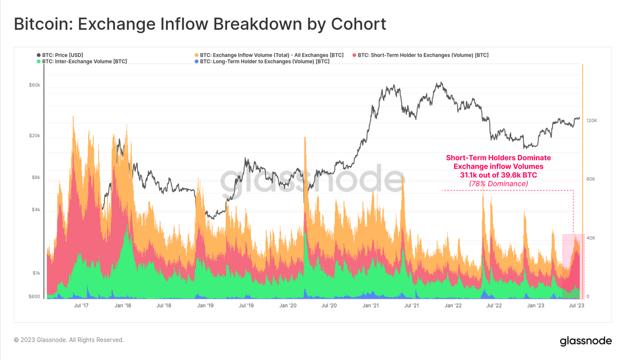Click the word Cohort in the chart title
358,24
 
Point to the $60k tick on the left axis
34,85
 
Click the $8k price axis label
36,177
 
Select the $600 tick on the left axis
34,297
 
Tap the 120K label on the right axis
592,121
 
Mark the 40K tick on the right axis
591,238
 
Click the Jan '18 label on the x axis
123,306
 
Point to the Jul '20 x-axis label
329,306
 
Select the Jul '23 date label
576,306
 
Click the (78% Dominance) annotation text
498,184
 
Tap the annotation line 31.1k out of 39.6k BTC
498,175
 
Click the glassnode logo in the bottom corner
586,341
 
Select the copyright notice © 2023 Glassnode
69,340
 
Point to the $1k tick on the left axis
36,273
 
